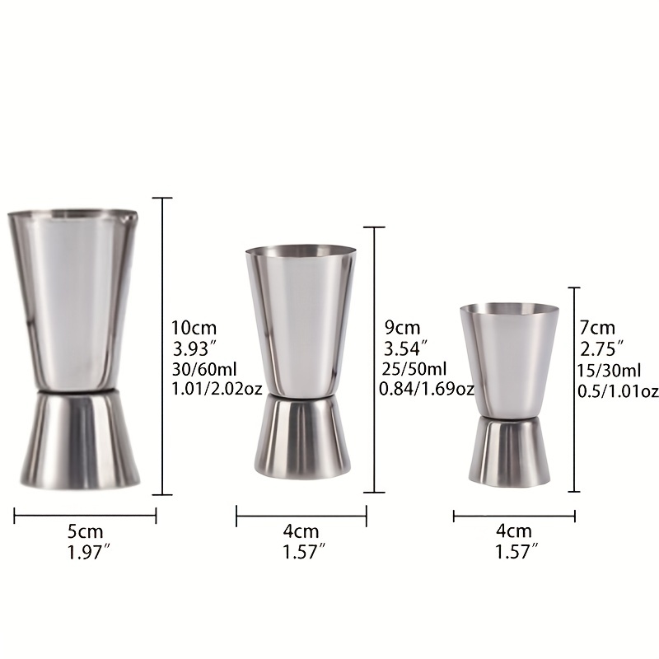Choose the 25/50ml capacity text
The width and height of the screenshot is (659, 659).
click(x=415, y=368)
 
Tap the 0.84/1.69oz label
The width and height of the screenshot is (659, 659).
click(x=426, y=388)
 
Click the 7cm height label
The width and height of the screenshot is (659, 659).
click(x=597, y=328)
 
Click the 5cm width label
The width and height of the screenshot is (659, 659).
click(x=86, y=532)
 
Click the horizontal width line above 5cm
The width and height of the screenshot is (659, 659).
click(x=86, y=516)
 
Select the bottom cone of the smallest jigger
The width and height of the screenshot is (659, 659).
click(x=508, y=453)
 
